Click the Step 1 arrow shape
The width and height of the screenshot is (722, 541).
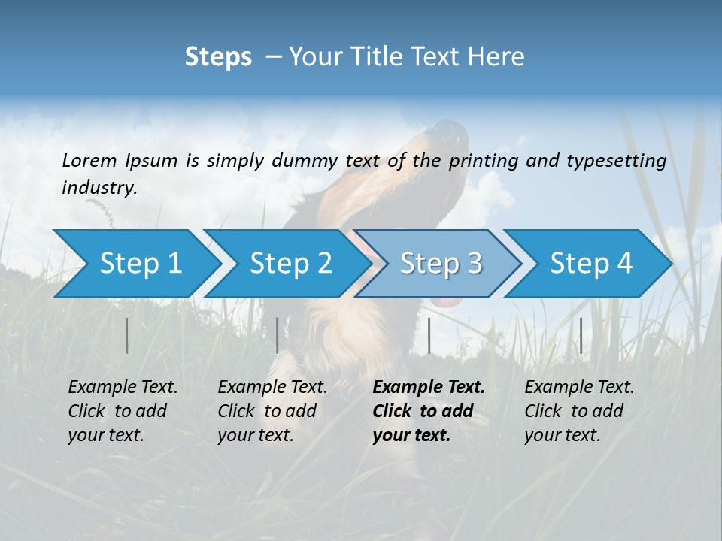pos(135,264)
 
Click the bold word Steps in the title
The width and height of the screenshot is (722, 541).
pos(218,57)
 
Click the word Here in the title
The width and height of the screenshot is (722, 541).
pos(497,57)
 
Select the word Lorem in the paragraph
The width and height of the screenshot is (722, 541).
pos(89,161)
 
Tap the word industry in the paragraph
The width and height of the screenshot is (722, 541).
pos(99,188)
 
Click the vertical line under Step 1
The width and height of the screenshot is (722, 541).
pos(127,335)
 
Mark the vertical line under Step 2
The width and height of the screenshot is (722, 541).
pos(278,335)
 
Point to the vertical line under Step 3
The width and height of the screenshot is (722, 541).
pos(429,335)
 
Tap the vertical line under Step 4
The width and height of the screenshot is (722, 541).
pos(581,335)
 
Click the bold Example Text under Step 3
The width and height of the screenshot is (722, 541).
pos(429,388)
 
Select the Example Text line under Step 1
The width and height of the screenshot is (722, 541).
pos(123,388)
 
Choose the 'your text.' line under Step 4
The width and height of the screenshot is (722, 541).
pos(562,435)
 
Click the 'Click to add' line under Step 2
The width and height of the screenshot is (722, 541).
pos(267,412)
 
